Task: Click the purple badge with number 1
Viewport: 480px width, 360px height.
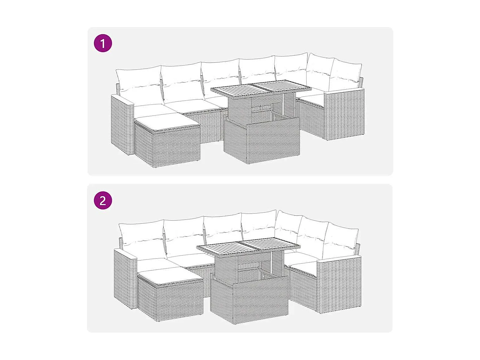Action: tap(103, 44)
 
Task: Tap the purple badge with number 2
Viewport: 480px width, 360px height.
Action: tap(103, 201)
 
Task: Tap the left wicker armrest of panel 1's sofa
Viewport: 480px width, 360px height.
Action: tap(122, 125)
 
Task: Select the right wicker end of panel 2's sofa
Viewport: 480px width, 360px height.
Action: tap(339, 285)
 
